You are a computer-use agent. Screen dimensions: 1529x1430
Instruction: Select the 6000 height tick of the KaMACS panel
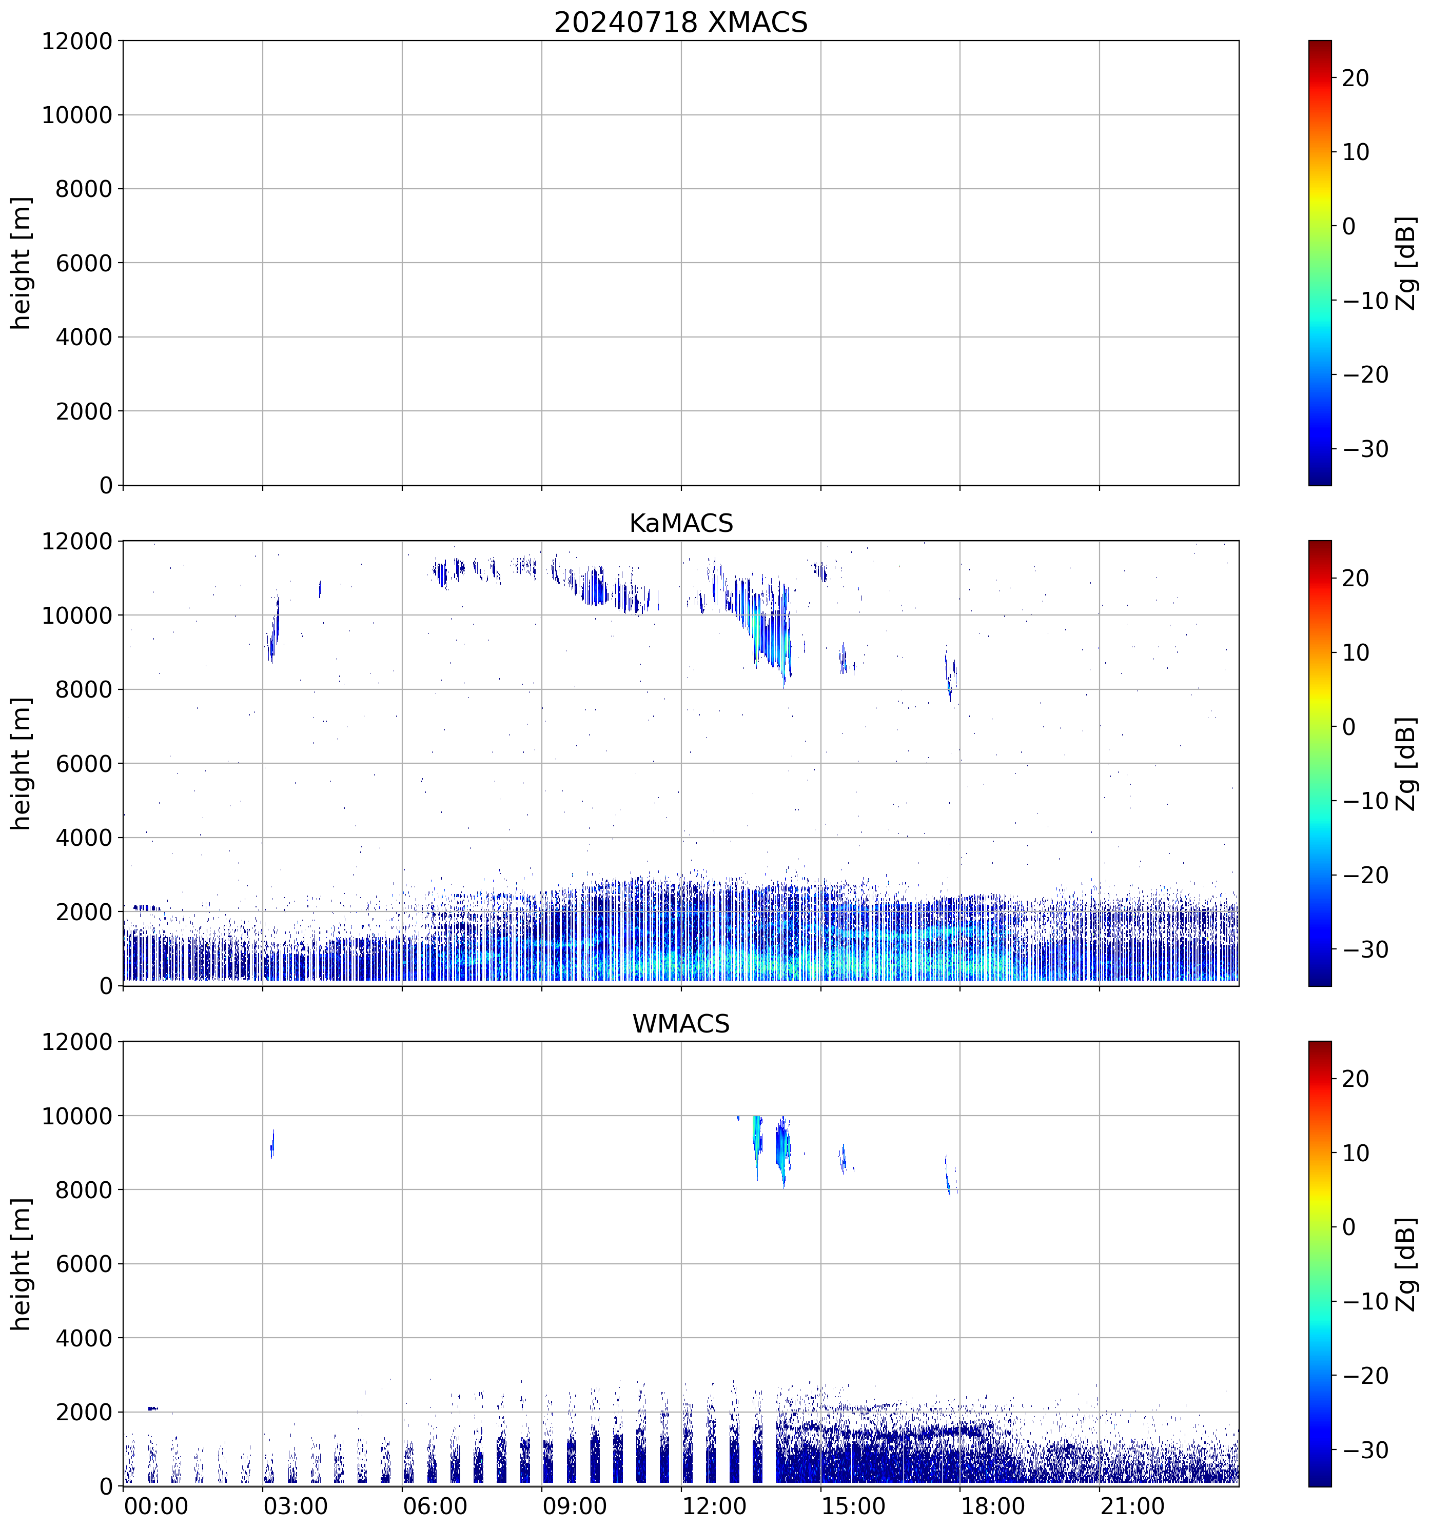83,764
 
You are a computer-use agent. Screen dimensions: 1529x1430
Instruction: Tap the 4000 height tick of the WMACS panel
83,1338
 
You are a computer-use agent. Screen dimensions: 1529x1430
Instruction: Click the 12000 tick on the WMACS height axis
77,1042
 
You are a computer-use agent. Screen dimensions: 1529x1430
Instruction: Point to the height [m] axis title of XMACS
22,263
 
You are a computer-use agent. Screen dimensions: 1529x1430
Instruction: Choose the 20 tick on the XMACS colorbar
1356,78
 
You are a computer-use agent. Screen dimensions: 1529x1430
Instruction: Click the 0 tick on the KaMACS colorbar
1348,727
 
